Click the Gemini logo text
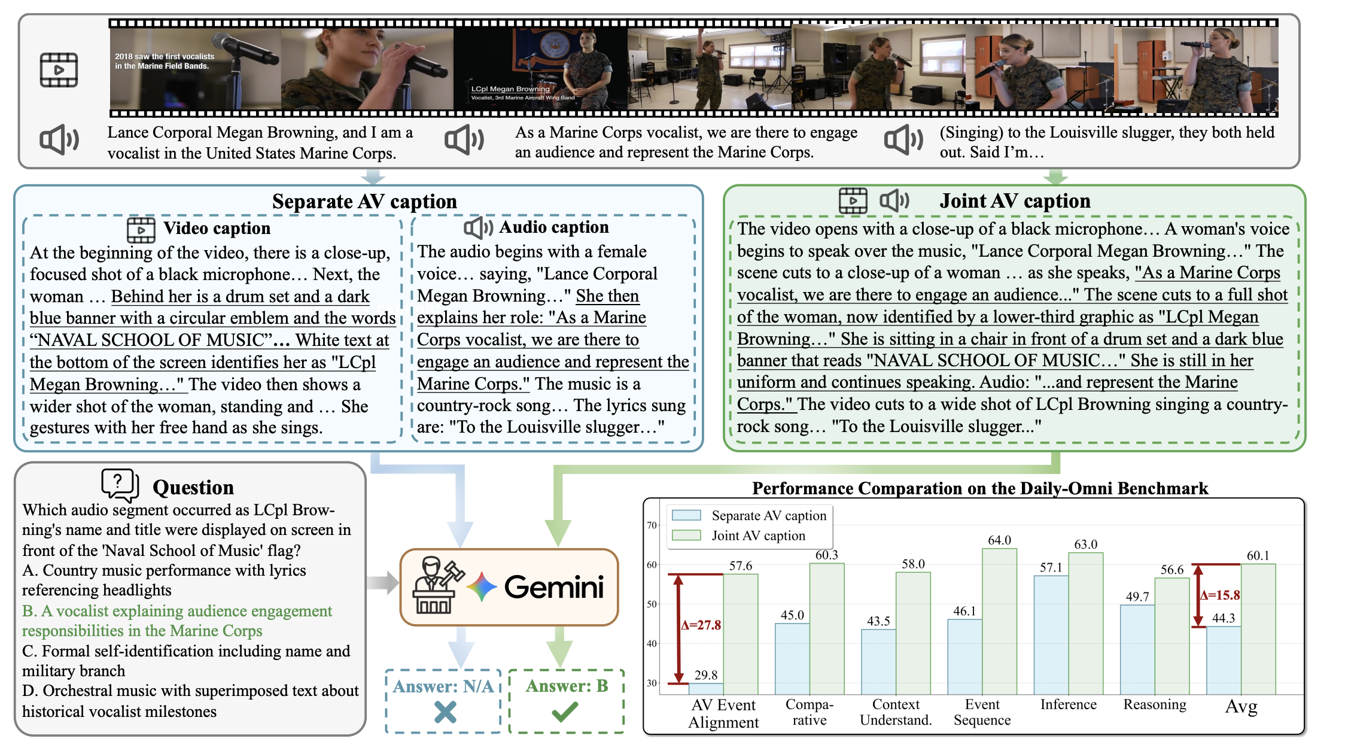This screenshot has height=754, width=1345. tap(554, 587)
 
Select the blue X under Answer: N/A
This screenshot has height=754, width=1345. tap(445, 712)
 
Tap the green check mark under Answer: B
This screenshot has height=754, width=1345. tap(565, 712)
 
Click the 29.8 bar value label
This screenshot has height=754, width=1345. tap(706, 675)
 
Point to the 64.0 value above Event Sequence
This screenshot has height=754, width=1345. tap(999, 540)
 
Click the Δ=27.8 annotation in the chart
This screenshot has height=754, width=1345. tap(701, 625)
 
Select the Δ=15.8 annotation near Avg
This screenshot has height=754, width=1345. tap(1220, 595)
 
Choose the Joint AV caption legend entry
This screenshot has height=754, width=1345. tap(758, 536)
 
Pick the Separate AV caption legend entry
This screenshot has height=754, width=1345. tap(768, 516)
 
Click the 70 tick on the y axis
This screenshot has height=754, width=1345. tap(652, 525)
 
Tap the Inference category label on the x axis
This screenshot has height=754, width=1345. tap(1068, 704)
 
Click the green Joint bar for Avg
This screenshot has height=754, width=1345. tap(1258, 628)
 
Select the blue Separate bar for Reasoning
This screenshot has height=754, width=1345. tap(1137, 649)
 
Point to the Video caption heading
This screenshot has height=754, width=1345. tap(217, 229)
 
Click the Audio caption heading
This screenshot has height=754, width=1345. tap(553, 227)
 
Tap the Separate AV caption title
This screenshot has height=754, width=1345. tap(364, 202)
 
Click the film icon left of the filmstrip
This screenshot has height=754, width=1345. tap(59, 70)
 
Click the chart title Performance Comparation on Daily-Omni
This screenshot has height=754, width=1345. tap(980, 488)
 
